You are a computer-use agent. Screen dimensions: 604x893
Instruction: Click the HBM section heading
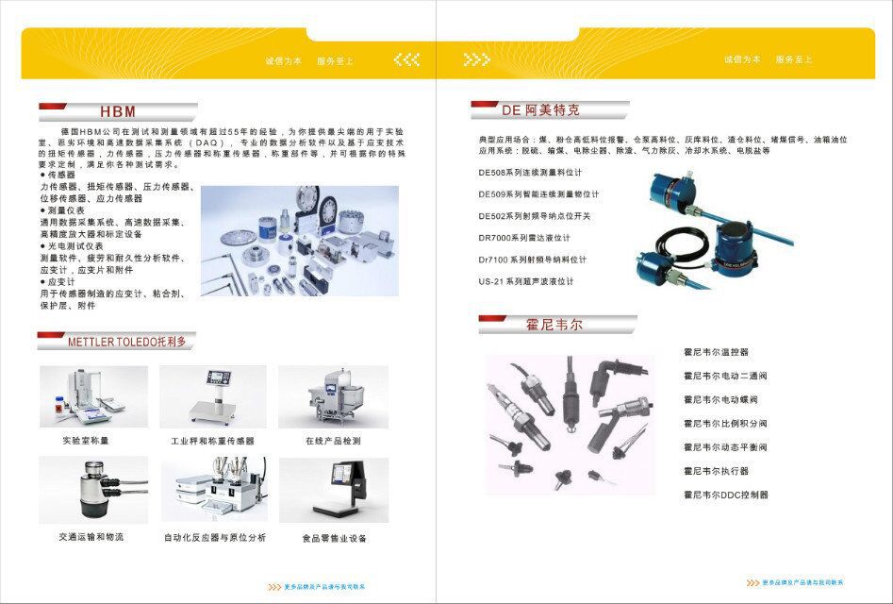pyautogui.click(x=118, y=110)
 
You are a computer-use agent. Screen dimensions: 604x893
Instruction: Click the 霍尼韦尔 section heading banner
pyautogui.click(x=554, y=325)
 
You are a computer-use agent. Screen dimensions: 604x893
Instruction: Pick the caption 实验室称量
pyautogui.click(x=87, y=441)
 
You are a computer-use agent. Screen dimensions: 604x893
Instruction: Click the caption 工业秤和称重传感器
pyautogui.click(x=212, y=441)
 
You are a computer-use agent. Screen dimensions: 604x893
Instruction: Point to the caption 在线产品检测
pyautogui.click(x=333, y=441)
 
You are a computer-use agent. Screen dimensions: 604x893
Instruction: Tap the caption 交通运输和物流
pyautogui.click(x=91, y=537)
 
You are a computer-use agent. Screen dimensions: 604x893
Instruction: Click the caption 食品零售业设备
pyautogui.click(x=334, y=539)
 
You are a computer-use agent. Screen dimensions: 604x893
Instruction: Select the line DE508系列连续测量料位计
pyautogui.click(x=530, y=173)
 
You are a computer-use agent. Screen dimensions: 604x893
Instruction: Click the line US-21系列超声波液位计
pyautogui.click(x=525, y=281)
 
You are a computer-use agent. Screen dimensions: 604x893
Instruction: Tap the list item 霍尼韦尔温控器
pyautogui.click(x=716, y=352)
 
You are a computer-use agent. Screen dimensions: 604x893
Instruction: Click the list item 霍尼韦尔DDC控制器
pyautogui.click(x=725, y=495)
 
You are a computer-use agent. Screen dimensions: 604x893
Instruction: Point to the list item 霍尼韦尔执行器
pyautogui.click(x=716, y=471)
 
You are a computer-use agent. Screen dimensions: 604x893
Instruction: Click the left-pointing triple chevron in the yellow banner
pyautogui.click(x=406, y=59)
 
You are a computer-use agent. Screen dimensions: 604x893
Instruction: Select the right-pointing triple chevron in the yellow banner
pyautogui.click(x=477, y=59)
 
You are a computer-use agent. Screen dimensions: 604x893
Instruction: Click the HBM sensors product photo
pyautogui.click(x=299, y=241)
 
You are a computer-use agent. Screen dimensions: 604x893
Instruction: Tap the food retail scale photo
pyautogui.click(x=333, y=490)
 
